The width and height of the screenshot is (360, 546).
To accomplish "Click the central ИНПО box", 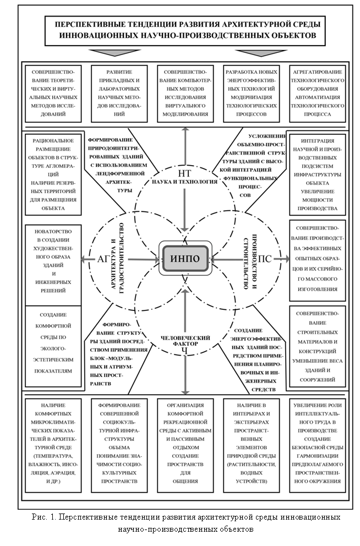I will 185,258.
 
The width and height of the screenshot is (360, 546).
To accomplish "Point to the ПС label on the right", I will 265,259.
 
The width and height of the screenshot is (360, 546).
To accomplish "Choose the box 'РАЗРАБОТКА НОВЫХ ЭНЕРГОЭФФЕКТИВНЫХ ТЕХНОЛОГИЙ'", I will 251,93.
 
